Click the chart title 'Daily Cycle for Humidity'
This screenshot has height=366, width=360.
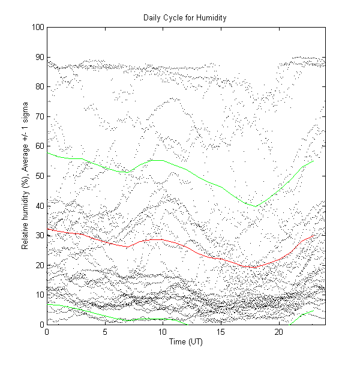pyautogui.click(x=184, y=17)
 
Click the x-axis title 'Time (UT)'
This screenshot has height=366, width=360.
pyautogui.click(x=186, y=341)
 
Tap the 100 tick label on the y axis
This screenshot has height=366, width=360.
pyautogui.click(x=37, y=28)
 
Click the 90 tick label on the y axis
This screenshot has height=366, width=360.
pyautogui.click(x=39, y=57)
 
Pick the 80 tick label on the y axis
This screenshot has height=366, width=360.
pyautogui.click(x=39, y=87)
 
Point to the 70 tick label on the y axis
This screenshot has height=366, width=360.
pyautogui.click(x=39, y=116)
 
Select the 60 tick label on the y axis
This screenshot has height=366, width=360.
pyautogui.click(x=39, y=146)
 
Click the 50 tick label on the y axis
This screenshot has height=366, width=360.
pyautogui.click(x=39, y=176)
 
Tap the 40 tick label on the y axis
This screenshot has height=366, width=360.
pyautogui.click(x=39, y=206)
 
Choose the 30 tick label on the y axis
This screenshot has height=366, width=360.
pyautogui.click(x=39, y=235)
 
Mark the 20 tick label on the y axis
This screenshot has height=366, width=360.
pyautogui.click(x=39, y=265)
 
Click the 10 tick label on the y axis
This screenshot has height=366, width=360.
pyautogui.click(x=39, y=295)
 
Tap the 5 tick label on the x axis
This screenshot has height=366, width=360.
pyautogui.click(x=105, y=331)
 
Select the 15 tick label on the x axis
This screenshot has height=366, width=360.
pyautogui.click(x=221, y=331)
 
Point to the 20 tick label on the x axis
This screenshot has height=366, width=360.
pyautogui.click(x=279, y=331)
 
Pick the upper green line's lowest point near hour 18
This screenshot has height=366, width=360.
pyautogui.click(x=256, y=206)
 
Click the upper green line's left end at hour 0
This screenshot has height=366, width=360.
pyautogui.click(x=47, y=152)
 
